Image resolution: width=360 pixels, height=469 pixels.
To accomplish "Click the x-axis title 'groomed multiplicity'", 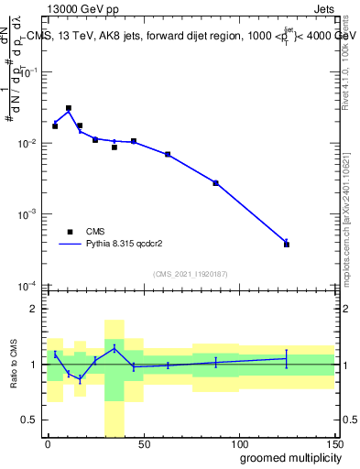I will click(285, 456).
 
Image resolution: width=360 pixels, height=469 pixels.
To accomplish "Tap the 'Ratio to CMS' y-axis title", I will click(14, 365).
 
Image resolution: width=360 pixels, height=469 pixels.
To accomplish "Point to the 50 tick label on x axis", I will click(143, 443).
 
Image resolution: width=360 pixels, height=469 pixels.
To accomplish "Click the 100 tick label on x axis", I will click(238, 443).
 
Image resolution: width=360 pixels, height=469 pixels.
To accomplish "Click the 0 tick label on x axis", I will click(48, 443).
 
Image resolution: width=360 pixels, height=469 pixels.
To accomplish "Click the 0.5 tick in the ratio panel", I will click(32, 420).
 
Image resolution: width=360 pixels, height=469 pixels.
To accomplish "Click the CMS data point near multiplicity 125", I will click(287, 245).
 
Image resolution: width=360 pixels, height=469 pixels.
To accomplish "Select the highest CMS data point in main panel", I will click(69, 108).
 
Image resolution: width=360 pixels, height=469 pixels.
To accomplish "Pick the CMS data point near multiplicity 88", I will click(216, 183).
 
